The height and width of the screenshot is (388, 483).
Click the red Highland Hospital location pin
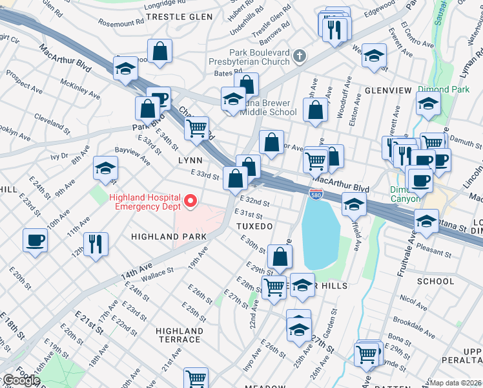pyautogui.click(x=190, y=202)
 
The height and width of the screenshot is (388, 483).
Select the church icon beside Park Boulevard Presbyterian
pyautogui.click(x=298, y=56)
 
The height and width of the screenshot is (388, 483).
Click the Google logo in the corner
pyautogui.click(x=21, y=380)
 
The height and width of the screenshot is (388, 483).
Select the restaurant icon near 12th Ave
pyautogui.click(x=96, y=244)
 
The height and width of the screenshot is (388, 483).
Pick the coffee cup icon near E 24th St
pyautogui.click(x=35, y=240)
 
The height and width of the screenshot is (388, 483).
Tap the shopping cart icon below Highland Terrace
pyautogui.click(x=196, y=378)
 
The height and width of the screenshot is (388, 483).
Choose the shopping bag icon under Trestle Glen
pyautogui.click(x=159, y=49)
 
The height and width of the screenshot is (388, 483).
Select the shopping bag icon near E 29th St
pyautogui.click(x=280, y=256)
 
